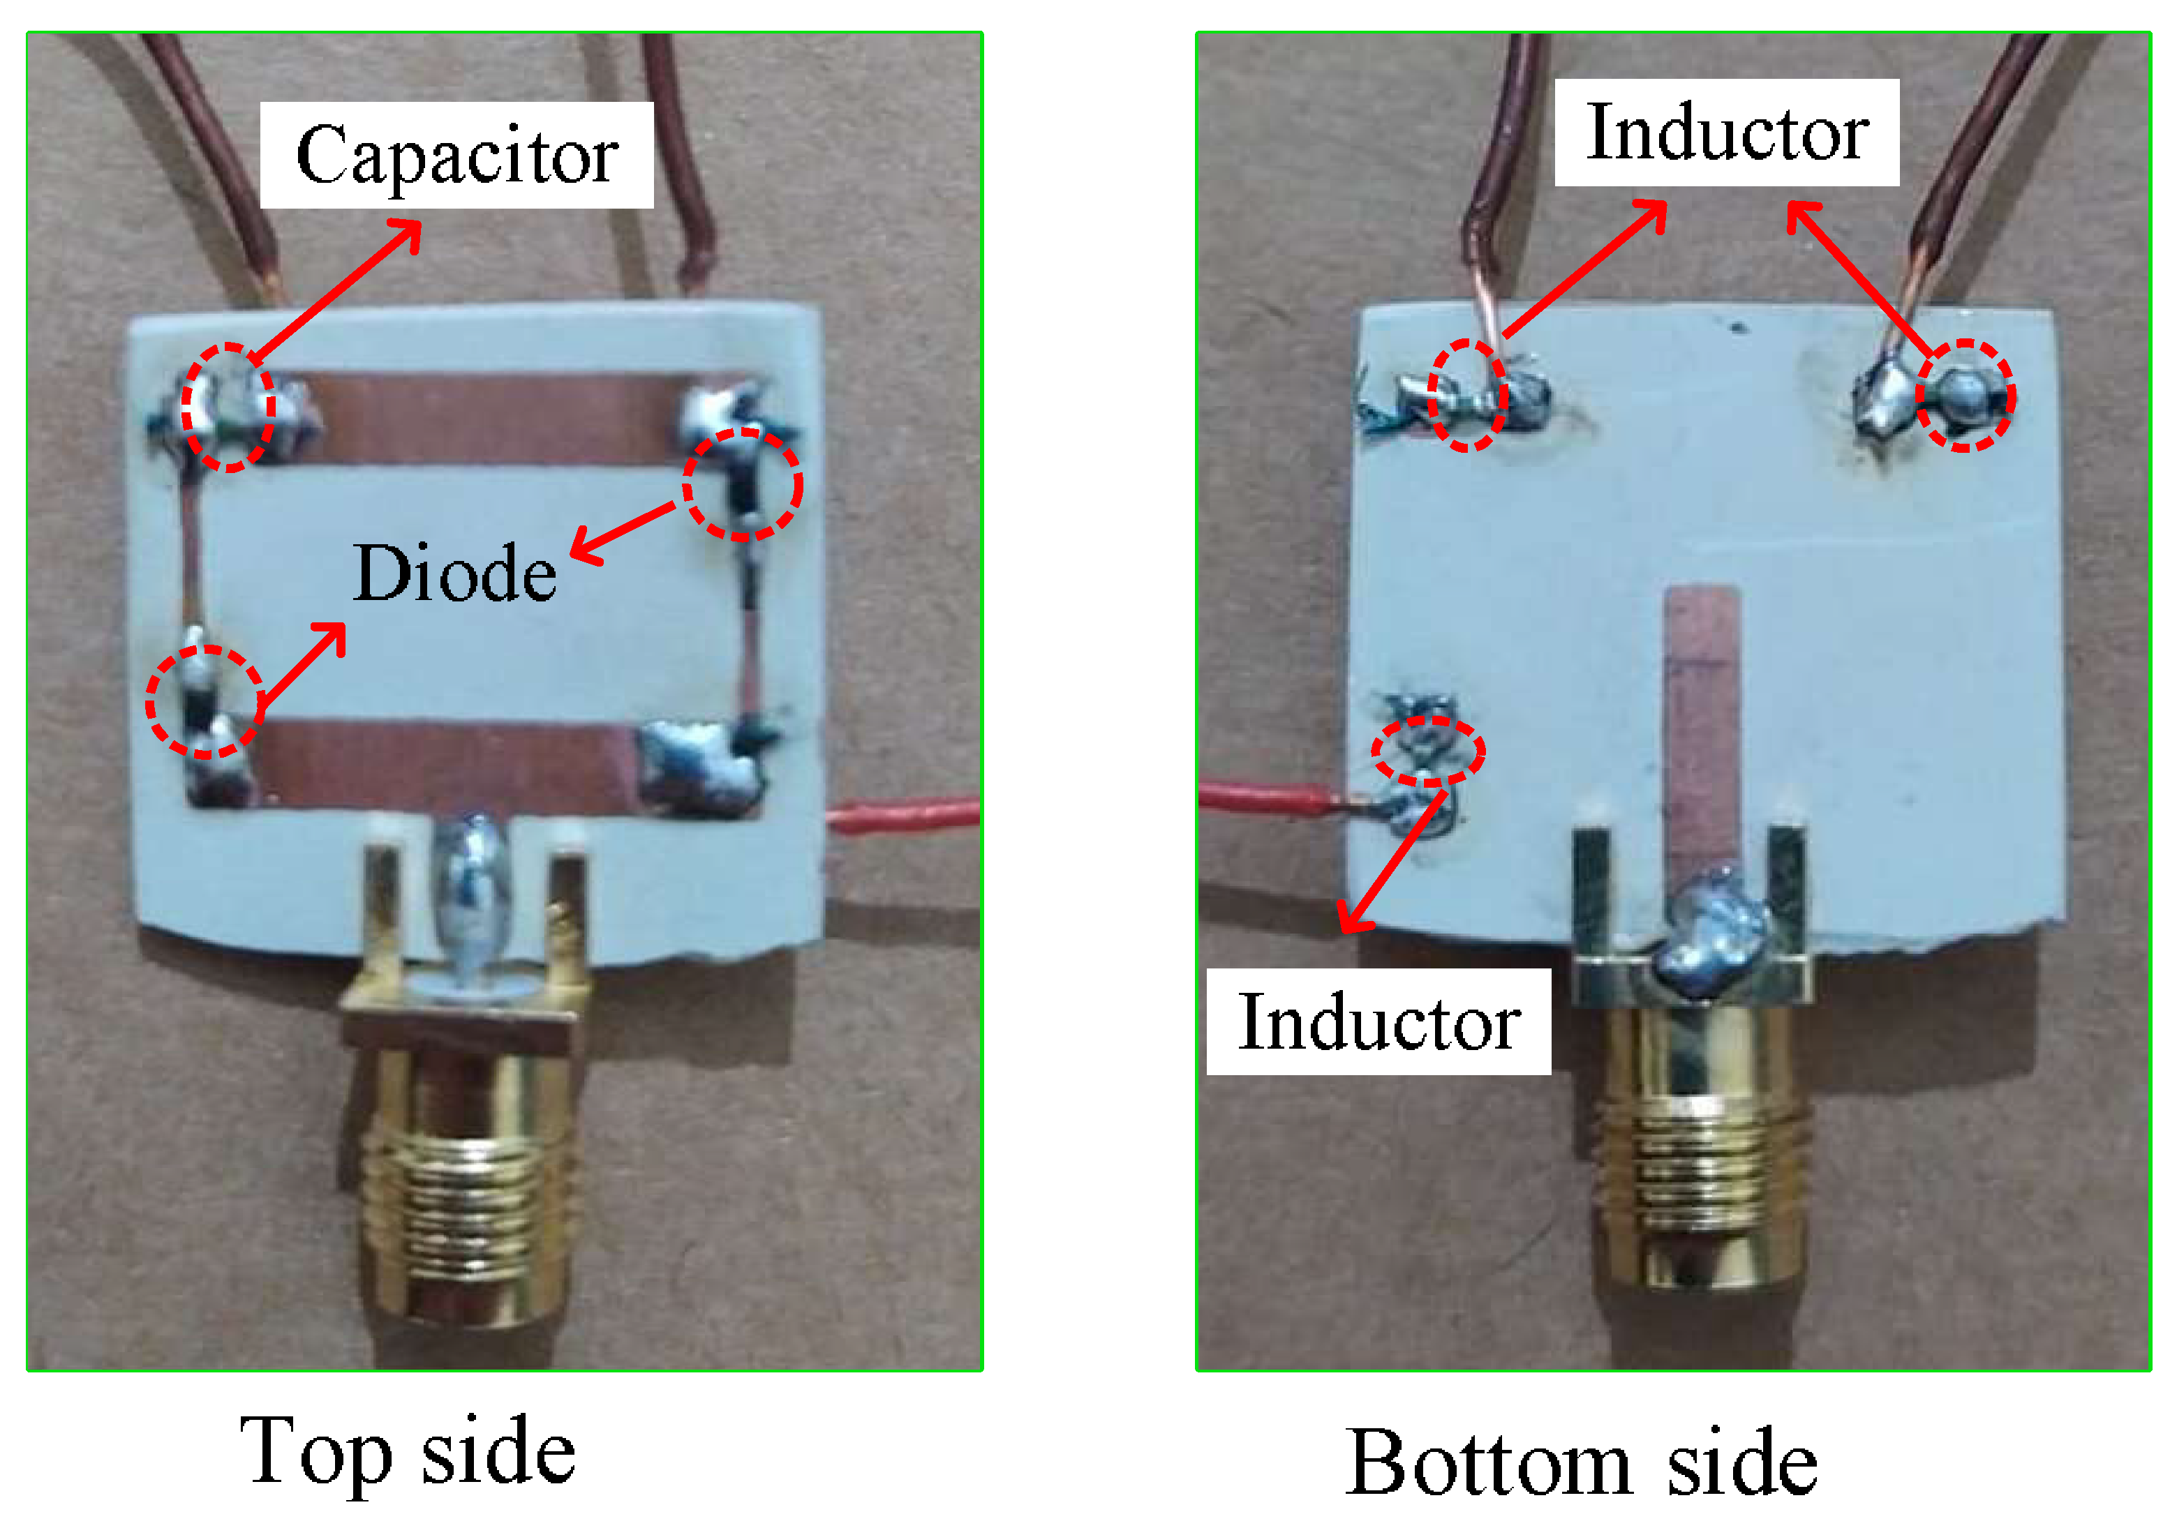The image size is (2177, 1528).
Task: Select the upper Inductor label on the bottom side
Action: (1727, 133)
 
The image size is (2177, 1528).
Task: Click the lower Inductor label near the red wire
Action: (1379, 1023)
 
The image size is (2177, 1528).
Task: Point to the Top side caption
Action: (407, 1451)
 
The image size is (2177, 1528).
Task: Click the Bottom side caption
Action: (1581, 1462)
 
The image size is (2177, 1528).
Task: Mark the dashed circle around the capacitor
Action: (228, 407)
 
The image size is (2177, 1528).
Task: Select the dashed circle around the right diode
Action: (743, 484)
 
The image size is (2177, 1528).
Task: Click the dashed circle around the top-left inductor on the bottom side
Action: (1467, 396)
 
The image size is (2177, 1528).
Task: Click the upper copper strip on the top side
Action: (493, 417)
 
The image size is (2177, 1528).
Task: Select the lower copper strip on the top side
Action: (445, 763)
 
